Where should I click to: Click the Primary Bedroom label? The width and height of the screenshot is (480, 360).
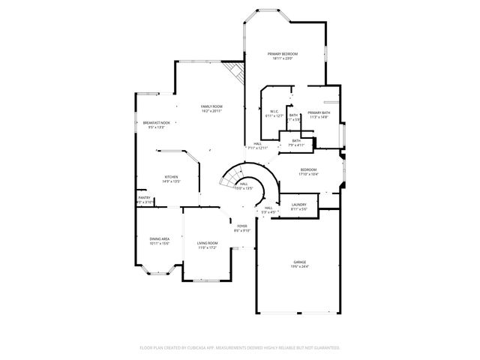(x=283, y=54)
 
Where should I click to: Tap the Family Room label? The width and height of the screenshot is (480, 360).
(x=211, y=106)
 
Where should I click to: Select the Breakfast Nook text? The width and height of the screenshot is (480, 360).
(x=157, y=123)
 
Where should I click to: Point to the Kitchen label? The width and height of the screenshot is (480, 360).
(x=171, y=177)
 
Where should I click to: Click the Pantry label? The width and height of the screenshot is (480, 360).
(x=144, y=198)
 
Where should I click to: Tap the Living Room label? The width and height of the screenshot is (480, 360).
(x=207, y=243)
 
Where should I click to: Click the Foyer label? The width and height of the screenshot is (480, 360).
(x=242, y=226)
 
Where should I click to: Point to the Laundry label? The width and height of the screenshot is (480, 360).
(x=298, y=205)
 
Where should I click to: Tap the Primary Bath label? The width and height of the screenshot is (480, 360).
(x=319, y=112)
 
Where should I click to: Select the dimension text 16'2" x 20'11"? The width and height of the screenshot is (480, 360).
(x=211, y=111)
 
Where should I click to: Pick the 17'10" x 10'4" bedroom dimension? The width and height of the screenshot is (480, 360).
(x=308, y=174)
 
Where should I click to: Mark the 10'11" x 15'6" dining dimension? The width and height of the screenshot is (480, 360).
(x=159, y=244)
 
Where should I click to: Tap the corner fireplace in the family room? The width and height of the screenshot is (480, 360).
(x=238, y=73)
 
